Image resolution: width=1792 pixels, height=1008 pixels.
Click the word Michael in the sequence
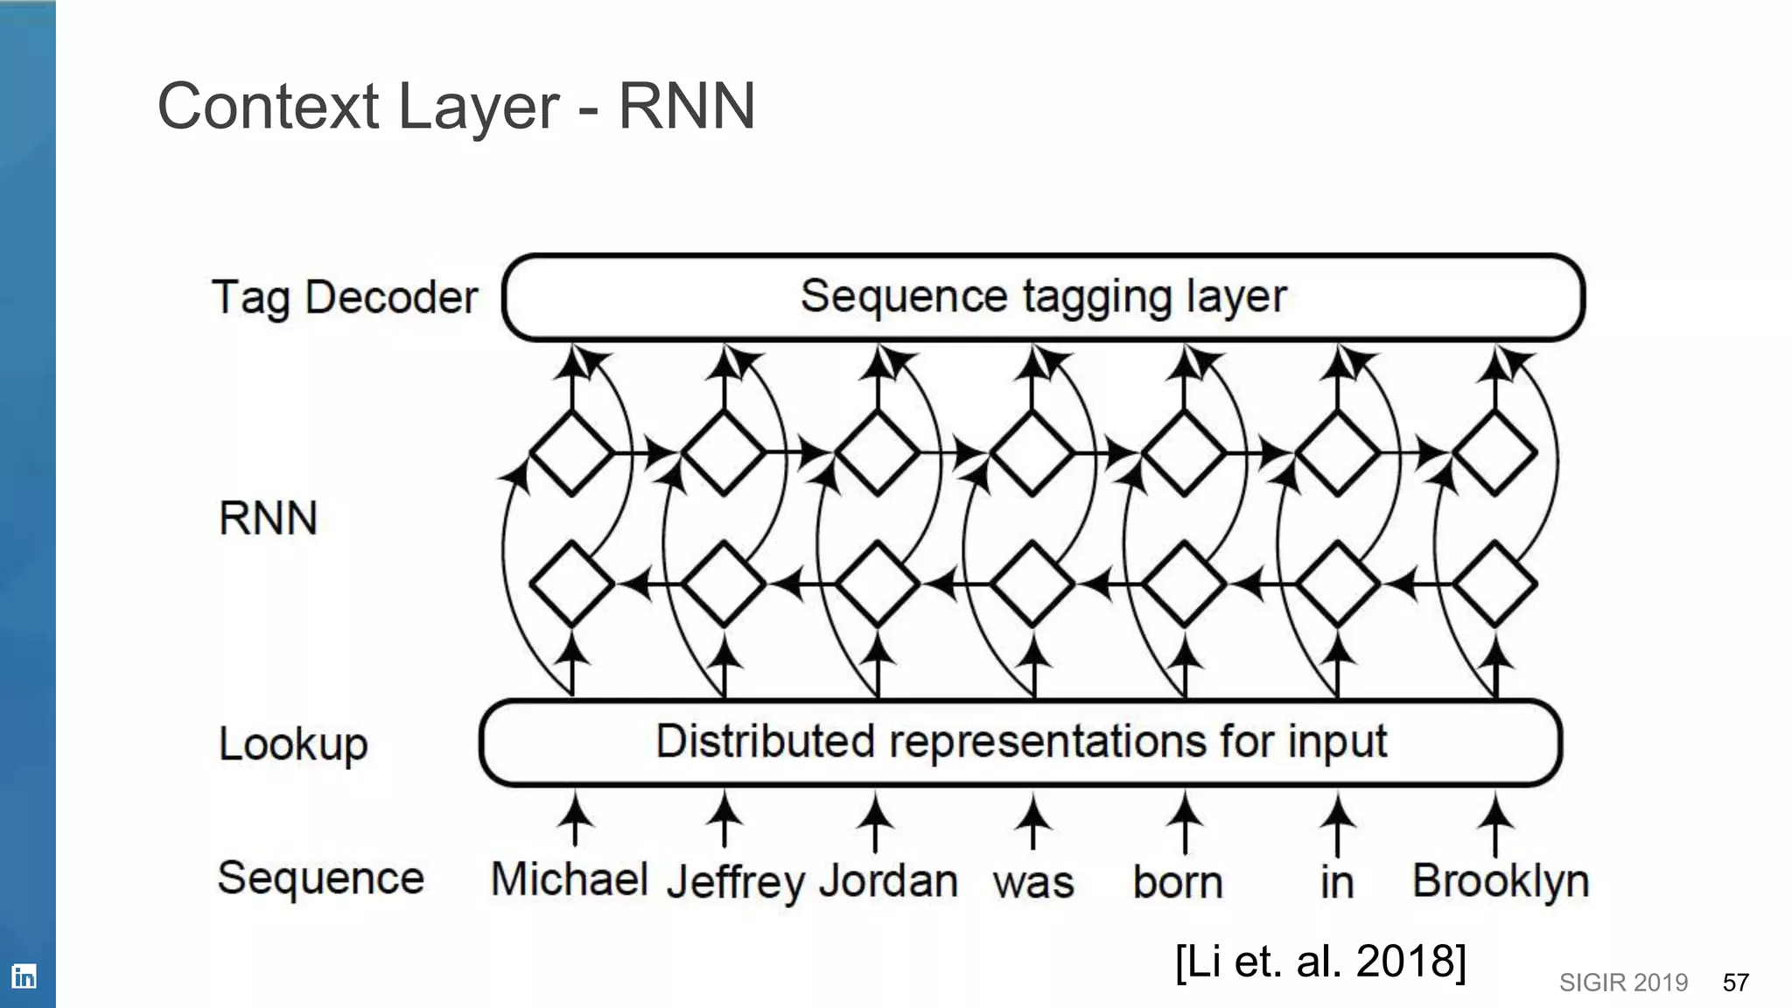(569, 878)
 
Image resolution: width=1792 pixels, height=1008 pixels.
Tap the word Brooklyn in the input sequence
(1500, 880)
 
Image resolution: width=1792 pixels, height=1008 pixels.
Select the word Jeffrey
(735, 882)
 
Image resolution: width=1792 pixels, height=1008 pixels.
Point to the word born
(1177, 882)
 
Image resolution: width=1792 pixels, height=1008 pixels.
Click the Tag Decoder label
(345, 297)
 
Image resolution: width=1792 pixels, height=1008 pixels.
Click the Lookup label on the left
(293, 745)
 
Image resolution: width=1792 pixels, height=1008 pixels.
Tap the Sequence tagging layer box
(1043, 297)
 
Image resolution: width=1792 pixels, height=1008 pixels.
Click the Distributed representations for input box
(1020, 742)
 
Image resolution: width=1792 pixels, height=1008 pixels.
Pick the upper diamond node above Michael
(572, 453)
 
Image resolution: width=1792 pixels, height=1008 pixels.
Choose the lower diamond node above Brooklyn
(1494, 583)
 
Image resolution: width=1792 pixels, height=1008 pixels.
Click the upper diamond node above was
(1032, 453)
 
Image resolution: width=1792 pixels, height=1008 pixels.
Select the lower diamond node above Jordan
(878, 583)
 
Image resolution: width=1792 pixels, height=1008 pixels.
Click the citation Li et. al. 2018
(1319, 961)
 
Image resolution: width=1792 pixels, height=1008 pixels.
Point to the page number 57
(1735, 983)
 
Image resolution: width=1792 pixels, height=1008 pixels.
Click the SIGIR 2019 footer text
(1623, 983)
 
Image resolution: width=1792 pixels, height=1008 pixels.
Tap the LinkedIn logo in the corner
(24, 976)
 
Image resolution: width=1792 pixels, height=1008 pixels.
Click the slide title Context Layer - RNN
(456, 106)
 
